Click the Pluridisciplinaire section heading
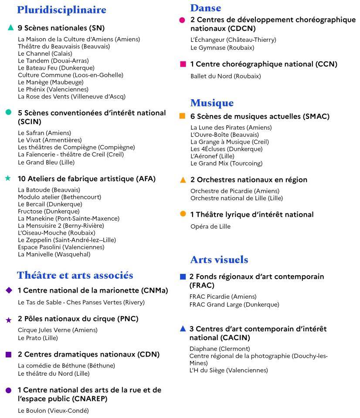coord(61,10)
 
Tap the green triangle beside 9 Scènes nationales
coord(11,28)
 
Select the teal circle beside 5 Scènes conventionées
coord(8,112)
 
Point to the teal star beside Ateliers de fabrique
coord(8,178)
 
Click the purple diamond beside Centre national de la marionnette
coord(9,290)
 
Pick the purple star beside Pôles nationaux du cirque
coord(8,320)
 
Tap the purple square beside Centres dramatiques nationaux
coord(9,354)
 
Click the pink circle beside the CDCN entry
coord(182,20)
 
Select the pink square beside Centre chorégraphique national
coord(183,64)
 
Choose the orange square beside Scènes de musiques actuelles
coord(183,116)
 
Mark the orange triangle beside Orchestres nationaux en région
coord(183,180)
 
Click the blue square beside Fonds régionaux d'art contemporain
coord(183,276)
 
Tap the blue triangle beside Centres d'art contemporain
coord(183,329)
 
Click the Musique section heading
coord(212,103)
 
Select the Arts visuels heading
coord(219,260)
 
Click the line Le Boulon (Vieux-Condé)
coord(53,411)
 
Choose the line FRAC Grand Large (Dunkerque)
coord(234,304)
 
